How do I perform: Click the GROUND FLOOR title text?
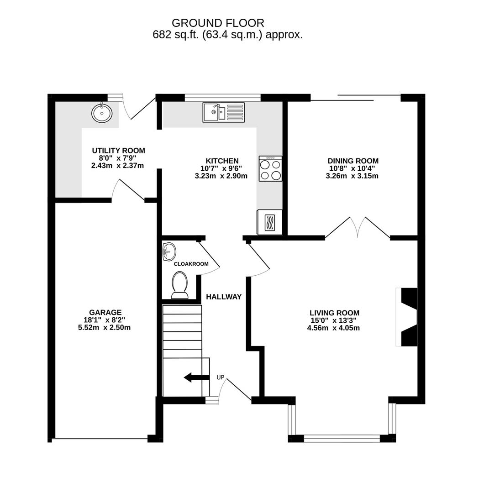(x=218, y=23)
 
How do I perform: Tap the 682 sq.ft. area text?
(x=227, y=35)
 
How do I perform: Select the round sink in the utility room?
(x=101, y=113)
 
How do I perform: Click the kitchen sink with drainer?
(x=224, y=112)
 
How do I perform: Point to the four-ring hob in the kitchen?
(x=270, y=168)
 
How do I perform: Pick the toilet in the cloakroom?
(x=179, y=285)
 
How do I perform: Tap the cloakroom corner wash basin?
(x=169, y=251)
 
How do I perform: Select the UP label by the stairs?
(x=221, y=378)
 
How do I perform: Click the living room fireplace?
(x=407, y=317)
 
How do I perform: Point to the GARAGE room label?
(x=105, y=313)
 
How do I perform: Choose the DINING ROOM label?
(x=353, y=161)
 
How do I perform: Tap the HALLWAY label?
(x=224, y=297)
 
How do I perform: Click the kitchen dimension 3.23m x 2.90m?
(x=221, y=176)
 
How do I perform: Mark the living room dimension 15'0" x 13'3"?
(x=334, y=320)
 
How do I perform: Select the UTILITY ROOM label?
(x=118, y=151)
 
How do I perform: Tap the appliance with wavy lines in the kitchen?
(x=269, y=222)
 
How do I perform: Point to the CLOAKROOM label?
(x=191, y=264)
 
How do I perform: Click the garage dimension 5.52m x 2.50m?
(x=105, y=327)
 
